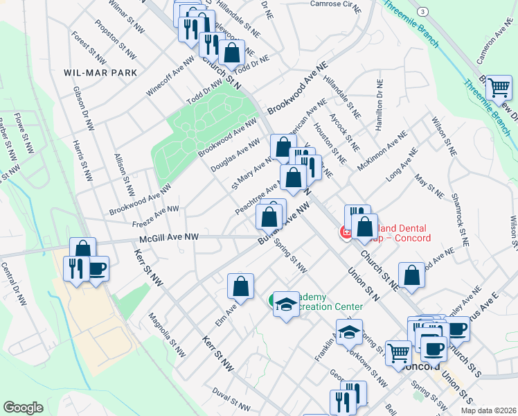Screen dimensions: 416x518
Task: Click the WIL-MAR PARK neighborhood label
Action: point(100,73)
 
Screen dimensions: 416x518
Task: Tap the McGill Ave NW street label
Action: point(169,237)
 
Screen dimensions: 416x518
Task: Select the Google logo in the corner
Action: point(23,407)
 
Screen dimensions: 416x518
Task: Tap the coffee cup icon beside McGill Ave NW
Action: point(96,268)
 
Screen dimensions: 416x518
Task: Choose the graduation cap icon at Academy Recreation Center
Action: point(285,305)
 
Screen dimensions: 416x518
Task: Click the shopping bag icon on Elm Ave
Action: point(240,286)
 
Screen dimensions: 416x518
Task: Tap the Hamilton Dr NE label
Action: point(379,105)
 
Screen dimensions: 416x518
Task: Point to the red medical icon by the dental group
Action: point(343,232)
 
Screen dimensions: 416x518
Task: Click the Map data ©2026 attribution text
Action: point(489,410)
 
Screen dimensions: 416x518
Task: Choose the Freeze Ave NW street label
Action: point(155,216)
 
